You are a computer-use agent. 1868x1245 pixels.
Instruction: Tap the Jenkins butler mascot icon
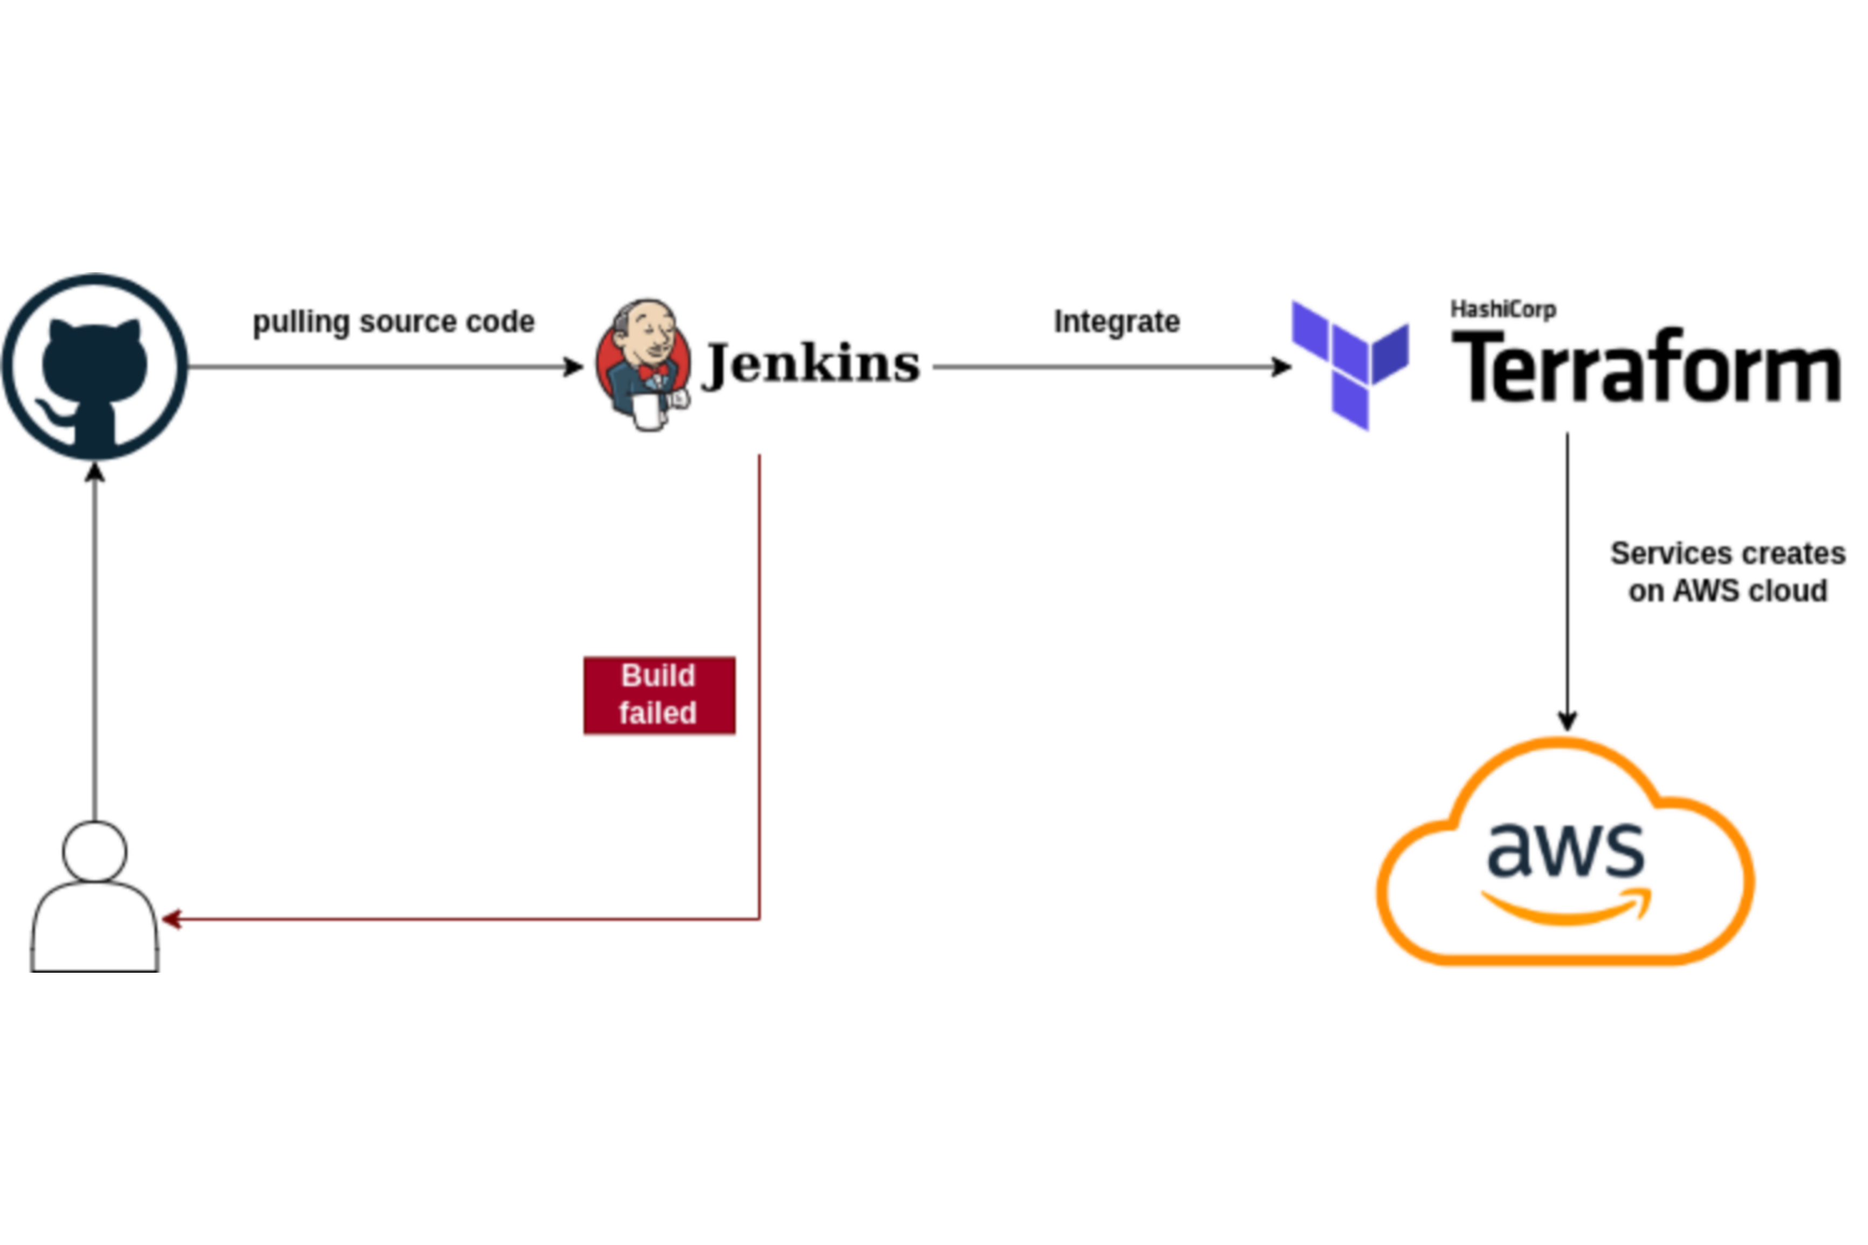tap(643, 365)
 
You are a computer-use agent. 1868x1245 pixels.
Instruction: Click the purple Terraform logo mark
tap(1350, 365)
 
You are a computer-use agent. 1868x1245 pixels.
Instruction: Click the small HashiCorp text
tap(1503, 309)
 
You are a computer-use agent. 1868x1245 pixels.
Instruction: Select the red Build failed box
tap(659, 695)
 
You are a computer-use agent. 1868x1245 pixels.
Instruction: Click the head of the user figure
tap(94, 851)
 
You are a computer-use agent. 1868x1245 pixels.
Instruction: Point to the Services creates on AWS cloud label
tap(1727, 572)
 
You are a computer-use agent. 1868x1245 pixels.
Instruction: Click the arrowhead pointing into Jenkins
tap(574, 367)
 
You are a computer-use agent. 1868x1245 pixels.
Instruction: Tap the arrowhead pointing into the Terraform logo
tap(1281, 367)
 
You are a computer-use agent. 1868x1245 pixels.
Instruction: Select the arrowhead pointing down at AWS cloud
tap(1567, 721)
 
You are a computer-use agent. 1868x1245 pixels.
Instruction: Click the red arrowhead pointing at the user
tap(171, 919)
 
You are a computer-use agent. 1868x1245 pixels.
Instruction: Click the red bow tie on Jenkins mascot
tap(654, 371)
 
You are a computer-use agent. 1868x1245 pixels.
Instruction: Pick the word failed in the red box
tap(658, 713)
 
